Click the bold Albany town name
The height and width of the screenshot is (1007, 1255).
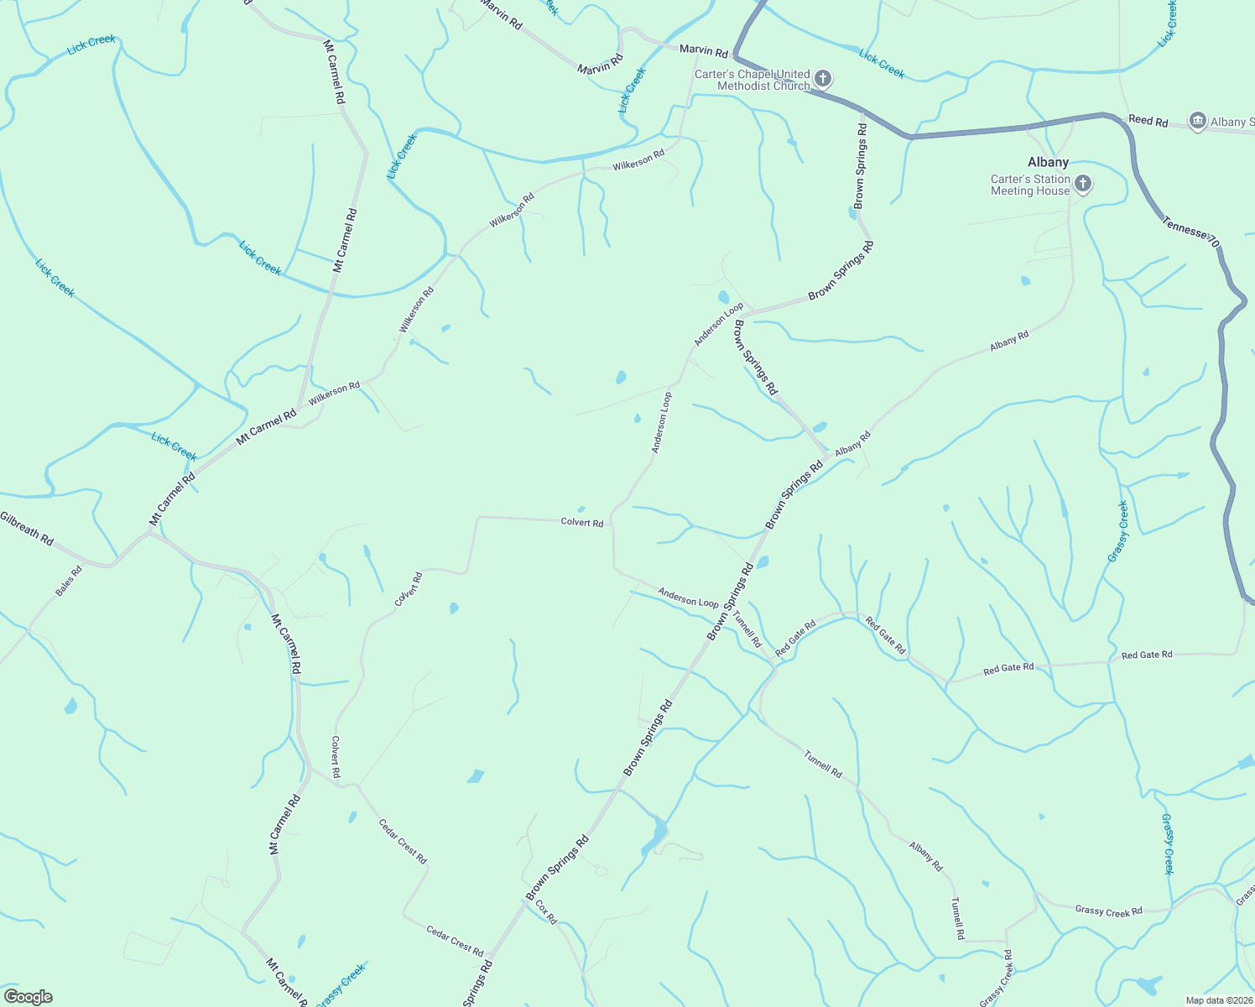(x=1048, y=162)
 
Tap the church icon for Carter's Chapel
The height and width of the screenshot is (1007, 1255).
(x=823, y=79)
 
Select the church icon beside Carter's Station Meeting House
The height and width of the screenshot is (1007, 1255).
(x=1083, y=184)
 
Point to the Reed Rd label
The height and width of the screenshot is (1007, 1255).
(x=1148, y=121)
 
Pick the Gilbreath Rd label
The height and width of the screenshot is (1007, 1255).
(x=27, y=529)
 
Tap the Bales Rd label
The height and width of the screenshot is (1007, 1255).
(x=69, y=582)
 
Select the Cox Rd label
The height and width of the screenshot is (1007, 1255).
(x=545, y=912)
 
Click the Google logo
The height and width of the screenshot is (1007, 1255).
(x=29, y=997)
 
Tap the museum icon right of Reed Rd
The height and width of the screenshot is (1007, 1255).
(x=1197, y=120)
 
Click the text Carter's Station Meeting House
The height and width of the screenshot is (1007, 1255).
(x=1030, y=185)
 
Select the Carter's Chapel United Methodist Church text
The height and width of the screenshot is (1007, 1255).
(x=752, y=80)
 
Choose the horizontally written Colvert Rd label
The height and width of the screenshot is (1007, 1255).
(x=581, y=523)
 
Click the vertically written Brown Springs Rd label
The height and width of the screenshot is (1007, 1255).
(x=861, y=165)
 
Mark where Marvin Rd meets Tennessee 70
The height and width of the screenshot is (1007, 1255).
(x=734, y=57)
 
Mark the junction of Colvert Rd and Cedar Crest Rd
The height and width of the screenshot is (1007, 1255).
(x=359, y=785)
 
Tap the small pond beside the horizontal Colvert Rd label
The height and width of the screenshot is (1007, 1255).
(x=581, y=509)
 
